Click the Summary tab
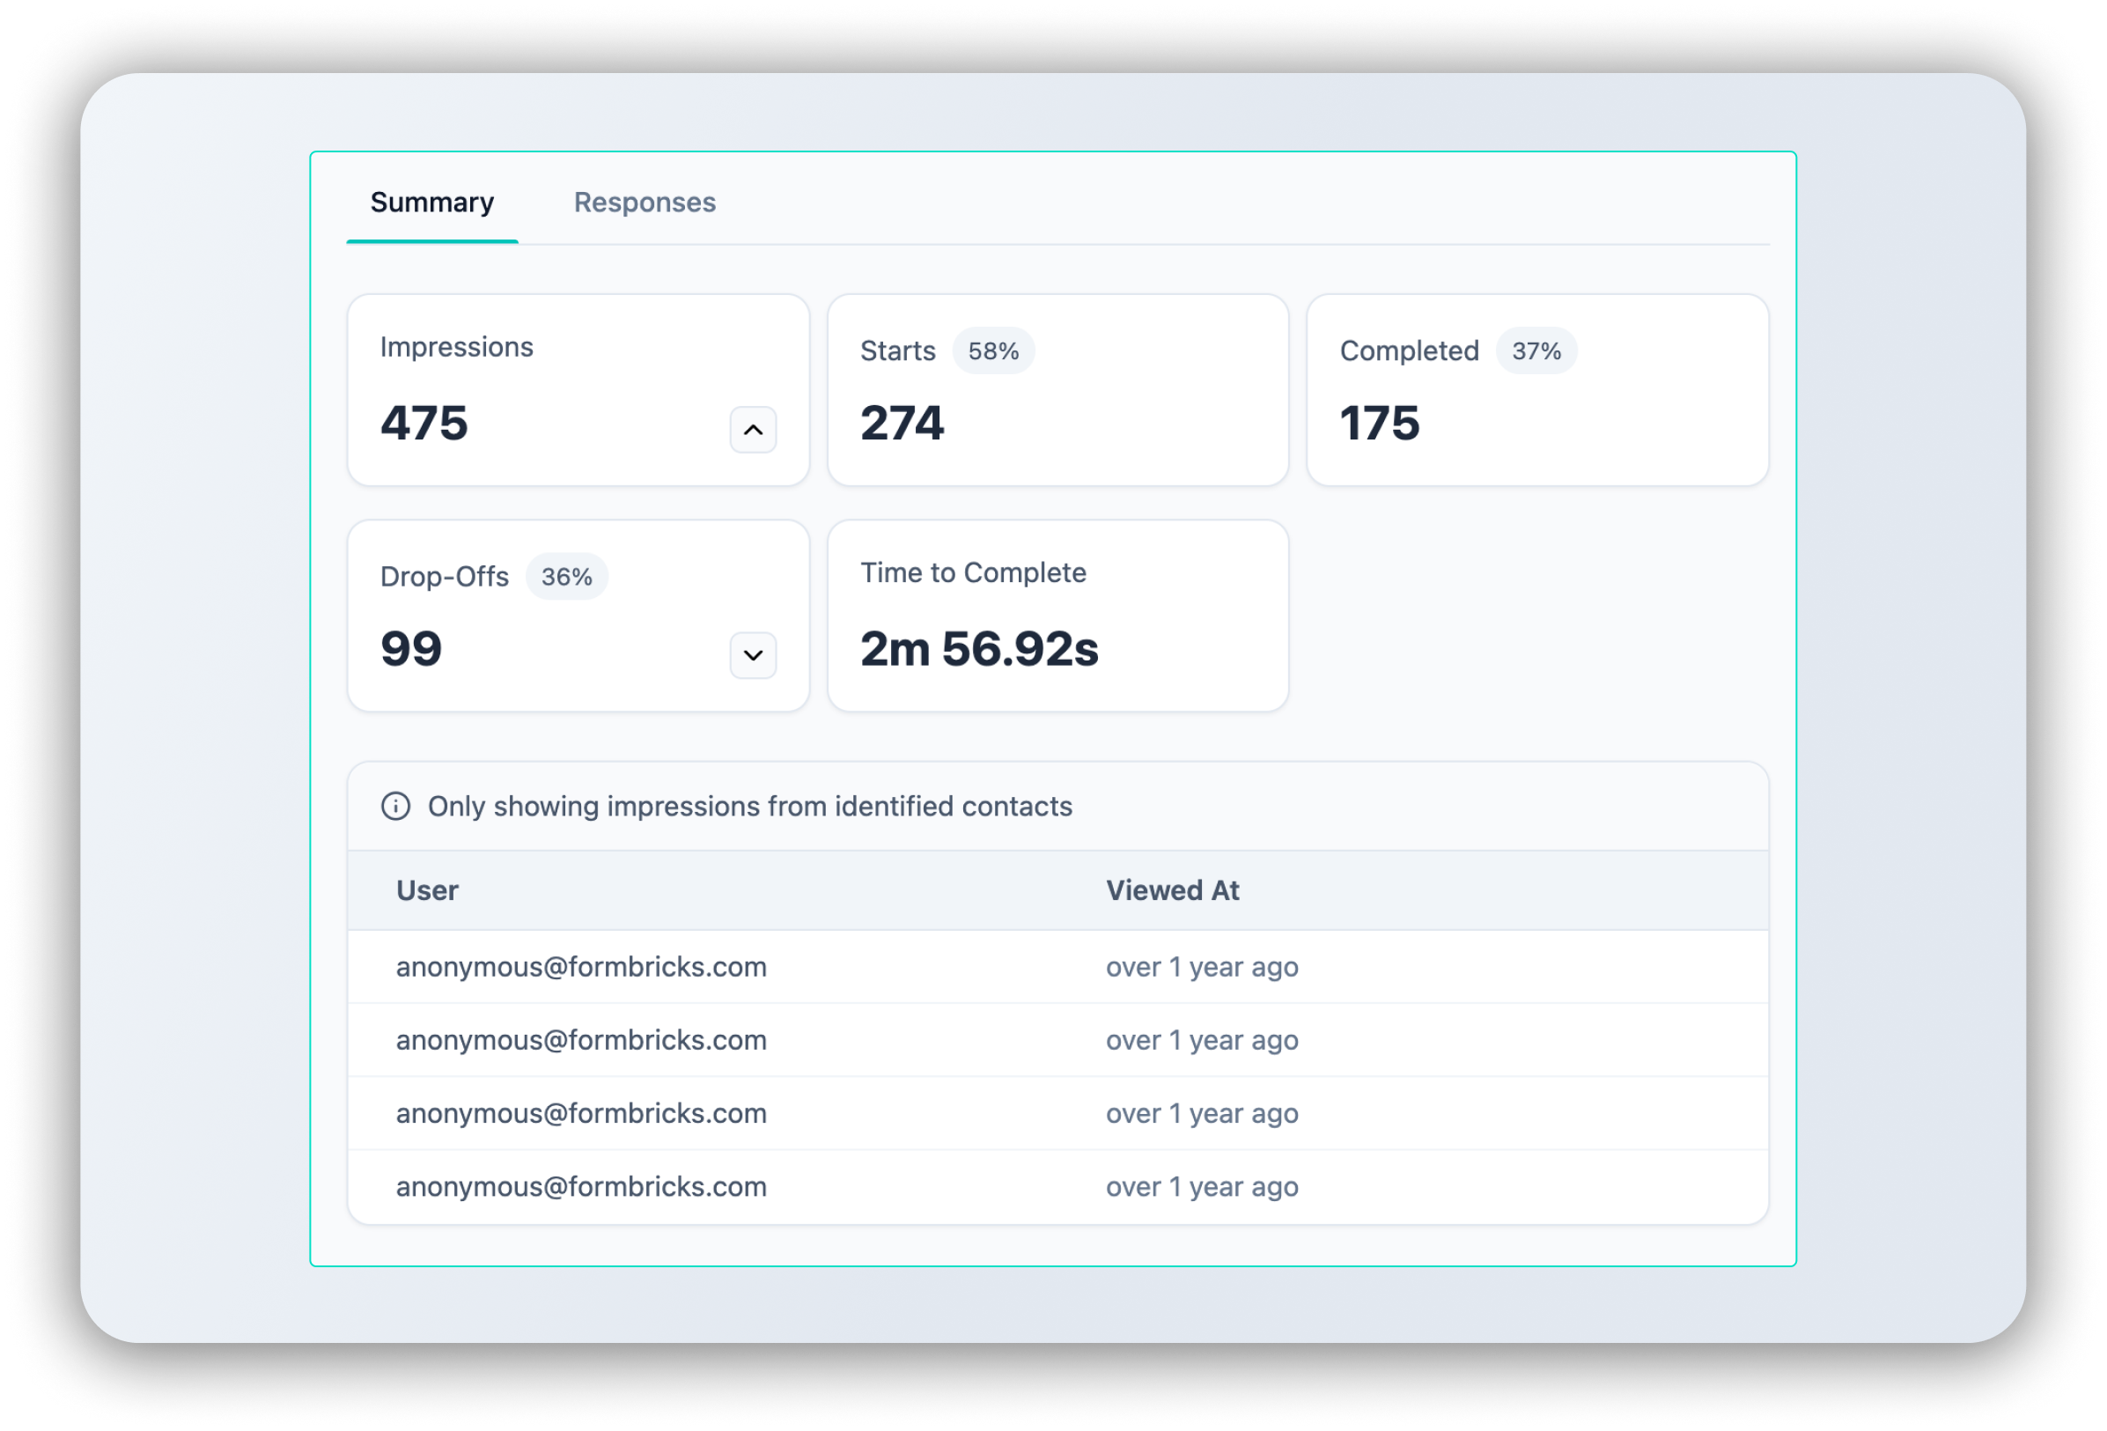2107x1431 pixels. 431,203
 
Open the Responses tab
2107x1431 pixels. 644,203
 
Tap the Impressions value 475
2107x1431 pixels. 424,424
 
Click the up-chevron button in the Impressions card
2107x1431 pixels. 753,430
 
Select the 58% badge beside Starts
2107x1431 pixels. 993,351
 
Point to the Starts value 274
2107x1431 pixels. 902,424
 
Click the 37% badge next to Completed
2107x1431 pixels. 1535,351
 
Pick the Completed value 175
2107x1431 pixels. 1379,424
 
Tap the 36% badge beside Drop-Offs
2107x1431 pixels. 566,577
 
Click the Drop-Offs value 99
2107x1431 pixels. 410,649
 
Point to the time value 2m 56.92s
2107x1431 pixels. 978,649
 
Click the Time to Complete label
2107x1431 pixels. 972,573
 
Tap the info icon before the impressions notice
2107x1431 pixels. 395,806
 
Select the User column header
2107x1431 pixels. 427,890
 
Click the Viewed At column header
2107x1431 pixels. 1171,890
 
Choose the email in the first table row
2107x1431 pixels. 581,967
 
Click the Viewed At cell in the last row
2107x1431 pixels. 1201,1186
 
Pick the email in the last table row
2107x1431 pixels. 581,1186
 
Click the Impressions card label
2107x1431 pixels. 456,347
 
